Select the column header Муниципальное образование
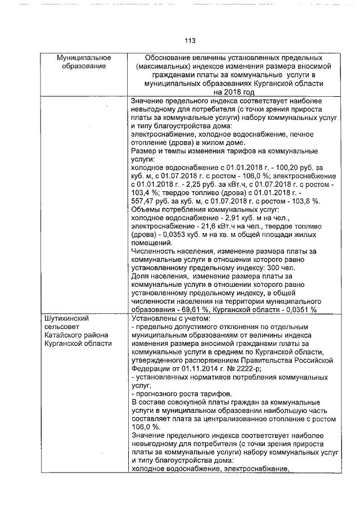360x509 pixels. (x=84, y=62)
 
